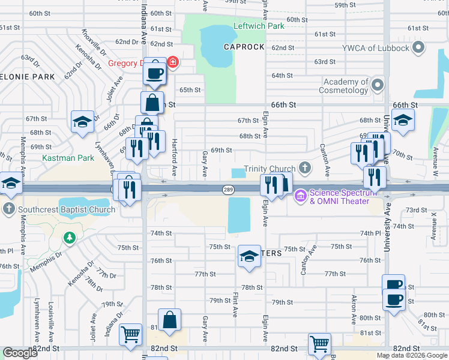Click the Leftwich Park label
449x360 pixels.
click(x=258, y=27)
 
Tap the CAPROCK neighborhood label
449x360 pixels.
click(x=244, y=47)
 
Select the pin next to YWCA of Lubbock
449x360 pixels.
click(x=419, y=47)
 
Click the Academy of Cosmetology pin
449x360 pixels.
click(x=378, y=85)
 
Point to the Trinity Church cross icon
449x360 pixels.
click(x=305, y=168)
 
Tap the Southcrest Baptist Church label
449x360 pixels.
click(x=66, y=209)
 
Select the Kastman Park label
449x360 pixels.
click(x=68, y=158)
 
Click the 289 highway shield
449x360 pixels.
click(x=228, y=190)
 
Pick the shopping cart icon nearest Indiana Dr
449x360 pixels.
click(x=130, y=334)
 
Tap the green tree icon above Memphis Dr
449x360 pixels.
click(x=70, y=238)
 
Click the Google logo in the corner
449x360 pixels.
click(x=20, y=353)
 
